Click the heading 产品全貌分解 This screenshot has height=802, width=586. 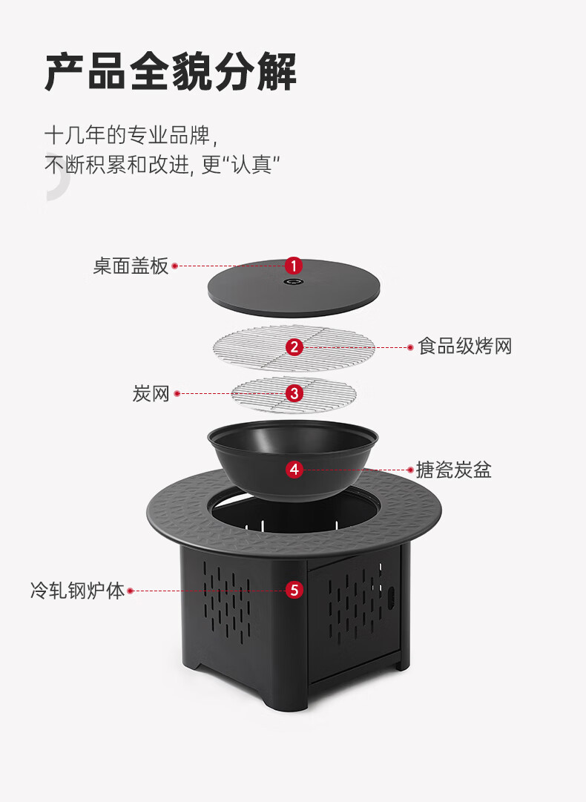(x=171, y=72)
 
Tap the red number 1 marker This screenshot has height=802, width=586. (x=294, y=265)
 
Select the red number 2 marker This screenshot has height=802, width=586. (x=294, y=346)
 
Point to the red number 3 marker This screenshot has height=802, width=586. (x=294, y=393)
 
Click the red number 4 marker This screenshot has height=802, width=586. (x=294, y=469)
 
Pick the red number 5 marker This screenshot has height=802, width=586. (x=294, y=591)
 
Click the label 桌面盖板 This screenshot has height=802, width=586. (x=131, y=266)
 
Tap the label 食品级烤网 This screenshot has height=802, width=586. (x=465, y=346)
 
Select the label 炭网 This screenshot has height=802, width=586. (x=151, y=393)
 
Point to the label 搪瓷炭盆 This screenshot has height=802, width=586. (x=454, y=470)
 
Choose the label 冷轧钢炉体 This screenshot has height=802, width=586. (x=77, y=591)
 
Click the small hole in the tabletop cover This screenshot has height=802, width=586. (x=294, y=282)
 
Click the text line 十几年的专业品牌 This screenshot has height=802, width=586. (x=131, y=136)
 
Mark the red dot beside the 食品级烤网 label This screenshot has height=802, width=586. (x=410, y=346)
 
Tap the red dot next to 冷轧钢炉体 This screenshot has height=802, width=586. (x=131, y=591)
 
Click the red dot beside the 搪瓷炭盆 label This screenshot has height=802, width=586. (x=410, y=470)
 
